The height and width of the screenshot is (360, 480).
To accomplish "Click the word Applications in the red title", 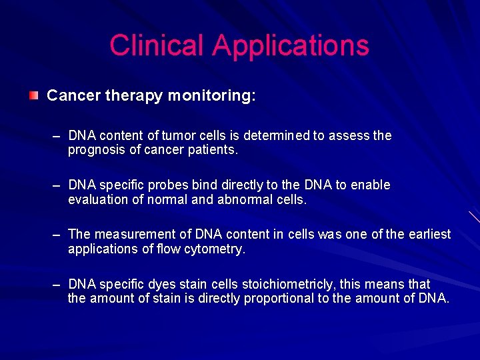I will (291, 45).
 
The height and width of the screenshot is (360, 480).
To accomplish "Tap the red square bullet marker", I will (33, 96).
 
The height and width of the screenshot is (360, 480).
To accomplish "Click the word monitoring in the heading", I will (210, 96).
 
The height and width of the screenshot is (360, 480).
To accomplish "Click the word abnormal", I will (245, 199).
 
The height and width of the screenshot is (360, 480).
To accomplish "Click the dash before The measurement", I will (58, 235).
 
